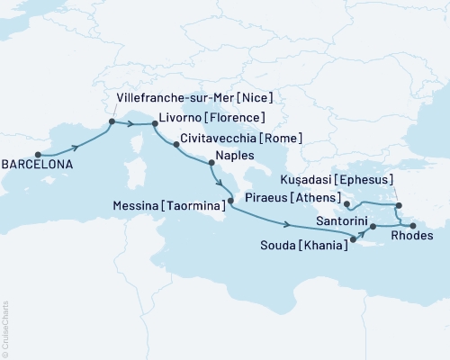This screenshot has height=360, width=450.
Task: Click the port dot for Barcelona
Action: (37, 153)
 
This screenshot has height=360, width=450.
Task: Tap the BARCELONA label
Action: (37, 166)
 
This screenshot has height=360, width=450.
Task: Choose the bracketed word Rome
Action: (282, 139)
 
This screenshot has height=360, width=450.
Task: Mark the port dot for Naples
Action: (211, 164)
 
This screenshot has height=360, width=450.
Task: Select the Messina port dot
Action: (230, 213)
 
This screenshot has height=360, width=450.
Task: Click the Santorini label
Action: (340, 218)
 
